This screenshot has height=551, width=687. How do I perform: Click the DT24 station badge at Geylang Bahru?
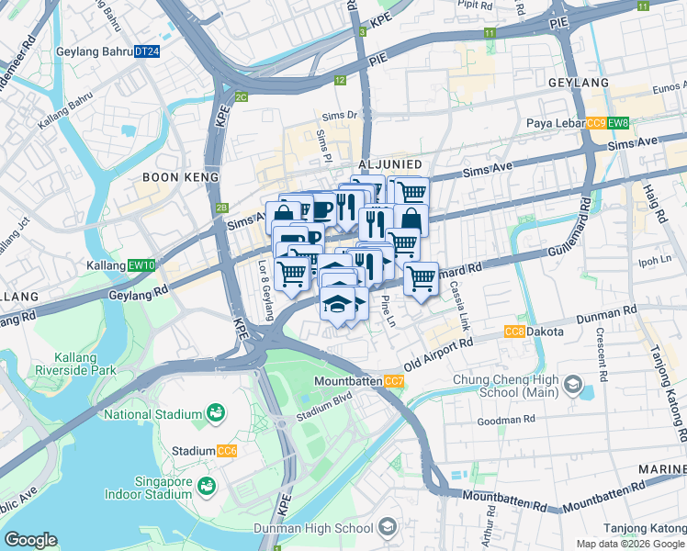click(x=147, y=52)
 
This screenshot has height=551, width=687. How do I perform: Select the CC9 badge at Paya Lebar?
click(x=596, y=124)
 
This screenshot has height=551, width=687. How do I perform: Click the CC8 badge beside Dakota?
click(x=514, y=332)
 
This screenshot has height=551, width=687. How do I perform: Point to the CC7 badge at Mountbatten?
click(x=393, y=381)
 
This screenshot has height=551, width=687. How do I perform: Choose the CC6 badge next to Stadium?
click(x=226, y=451)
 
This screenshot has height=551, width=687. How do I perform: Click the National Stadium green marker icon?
click(x=216, y=414)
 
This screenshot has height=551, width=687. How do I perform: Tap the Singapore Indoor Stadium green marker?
click(x=208, y=484)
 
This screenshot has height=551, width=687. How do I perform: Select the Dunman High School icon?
click(x=388, y=527)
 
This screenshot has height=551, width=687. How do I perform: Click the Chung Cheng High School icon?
click(x=574, y=383)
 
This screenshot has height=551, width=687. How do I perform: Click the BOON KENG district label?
click(x=180, y=176)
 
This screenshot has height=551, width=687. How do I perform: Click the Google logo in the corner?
click(x=30, y=540)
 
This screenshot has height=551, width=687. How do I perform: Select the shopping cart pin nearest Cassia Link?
click(x=421, y=279)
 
